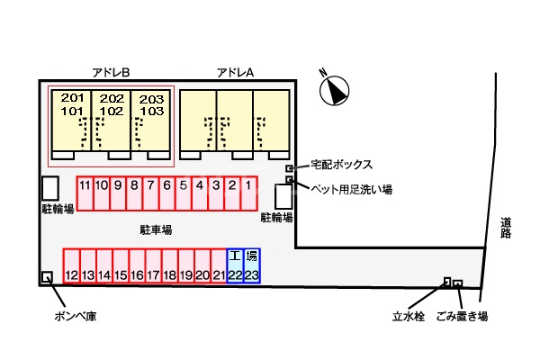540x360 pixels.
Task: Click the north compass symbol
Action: point(334,89)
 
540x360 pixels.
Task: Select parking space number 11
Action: point(85,192)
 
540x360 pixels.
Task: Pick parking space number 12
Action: point(71,266)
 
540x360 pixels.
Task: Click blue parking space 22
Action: point(235,266)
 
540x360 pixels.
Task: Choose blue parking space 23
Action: point(252,266)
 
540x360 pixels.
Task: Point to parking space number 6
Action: point(166,192)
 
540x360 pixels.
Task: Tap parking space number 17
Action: point(153,266)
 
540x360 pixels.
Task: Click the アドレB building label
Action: point(112,71)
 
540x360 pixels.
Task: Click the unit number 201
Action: point(71,98)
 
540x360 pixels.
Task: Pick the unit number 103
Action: point(151,112)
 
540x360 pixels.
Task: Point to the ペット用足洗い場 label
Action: point(351,189)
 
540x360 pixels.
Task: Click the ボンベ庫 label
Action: point(75,317)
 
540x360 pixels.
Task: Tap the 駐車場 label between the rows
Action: point(156,229)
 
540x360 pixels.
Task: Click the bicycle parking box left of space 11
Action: point(51,188)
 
